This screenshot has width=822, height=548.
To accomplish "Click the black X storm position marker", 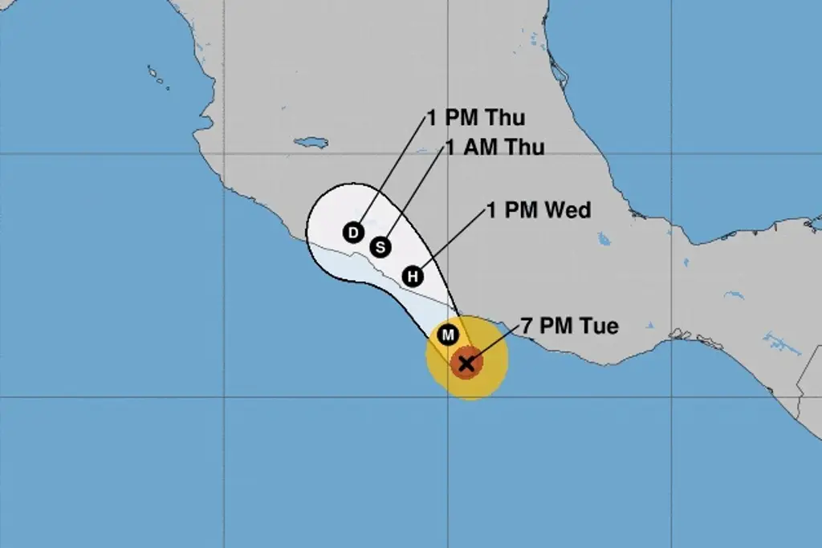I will coord(466,363).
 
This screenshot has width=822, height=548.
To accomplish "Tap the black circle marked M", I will coord(447,334).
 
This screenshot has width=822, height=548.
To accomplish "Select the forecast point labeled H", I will coord(413,277).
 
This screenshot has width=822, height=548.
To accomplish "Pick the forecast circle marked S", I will coord(380,247).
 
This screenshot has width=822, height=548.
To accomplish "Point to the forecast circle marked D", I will coord(352,233).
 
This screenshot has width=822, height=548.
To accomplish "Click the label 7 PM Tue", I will coord(570,327).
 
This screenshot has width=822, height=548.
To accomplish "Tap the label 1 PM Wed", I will coord(539,211).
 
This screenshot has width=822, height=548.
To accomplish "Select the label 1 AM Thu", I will coord(494,148).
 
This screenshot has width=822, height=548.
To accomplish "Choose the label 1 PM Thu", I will coord(475,118).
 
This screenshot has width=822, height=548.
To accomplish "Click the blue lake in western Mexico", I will coord(311,143).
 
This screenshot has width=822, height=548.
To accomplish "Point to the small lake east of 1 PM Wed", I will coord(604,238).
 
